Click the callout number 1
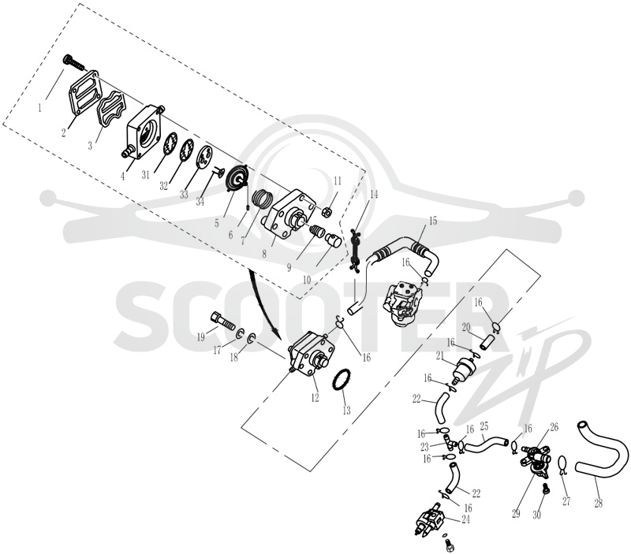tap(40, 108)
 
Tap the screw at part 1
tap(75, 63)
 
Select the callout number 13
tap(346, 411)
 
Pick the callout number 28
tap(599, 503)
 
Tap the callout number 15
tap(432, 221)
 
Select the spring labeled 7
tap(263, 199)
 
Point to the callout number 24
tap(465, 519)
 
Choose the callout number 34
tap(200, 201)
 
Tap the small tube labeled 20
tap(487, 342)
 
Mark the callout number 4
tap(123, 176)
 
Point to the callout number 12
tap(315, 398)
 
